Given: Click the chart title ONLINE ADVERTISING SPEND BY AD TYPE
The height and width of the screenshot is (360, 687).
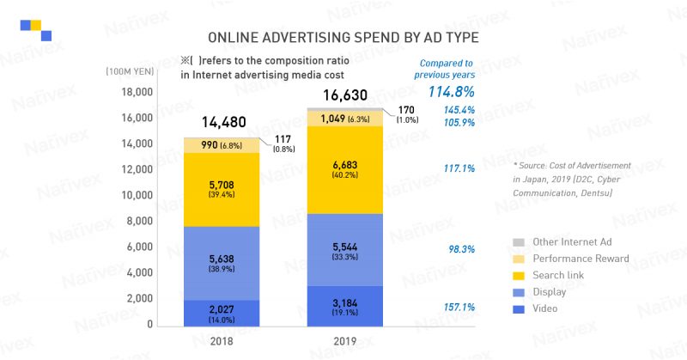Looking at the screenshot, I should click(343, 38).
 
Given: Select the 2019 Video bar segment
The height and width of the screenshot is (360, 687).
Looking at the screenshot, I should click(344, 305).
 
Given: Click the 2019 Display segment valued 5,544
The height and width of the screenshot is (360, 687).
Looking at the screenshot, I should click(344, 249).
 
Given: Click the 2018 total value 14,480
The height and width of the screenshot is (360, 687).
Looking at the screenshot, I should click(222, 122).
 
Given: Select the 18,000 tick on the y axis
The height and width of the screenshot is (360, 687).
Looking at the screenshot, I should click(134, 92).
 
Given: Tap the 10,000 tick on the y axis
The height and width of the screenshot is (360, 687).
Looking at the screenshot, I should click(134, 195).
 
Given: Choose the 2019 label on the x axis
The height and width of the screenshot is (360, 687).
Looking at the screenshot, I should click(344, 341).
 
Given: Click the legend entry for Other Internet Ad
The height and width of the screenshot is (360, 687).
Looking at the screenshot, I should click(571, 242).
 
